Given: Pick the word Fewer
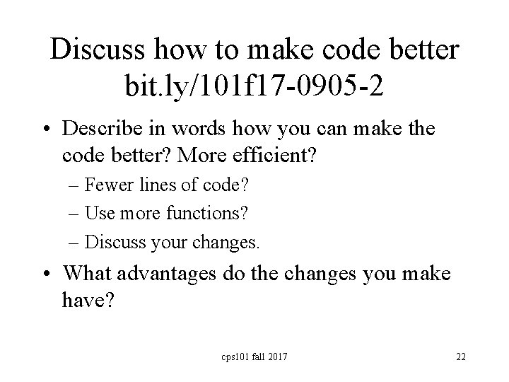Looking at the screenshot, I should tap(104, 186).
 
